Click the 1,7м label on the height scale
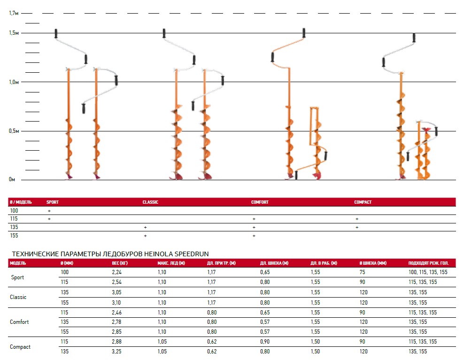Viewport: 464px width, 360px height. coord(14,13)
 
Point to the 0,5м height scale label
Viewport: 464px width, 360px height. coord(14,131)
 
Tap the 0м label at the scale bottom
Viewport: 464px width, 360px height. coord(12,179)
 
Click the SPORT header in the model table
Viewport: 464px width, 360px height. coord(53,202)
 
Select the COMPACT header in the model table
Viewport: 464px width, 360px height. coord(363,202)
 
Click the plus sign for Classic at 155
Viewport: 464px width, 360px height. coord(145,236)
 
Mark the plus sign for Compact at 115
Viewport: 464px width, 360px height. coord(357,219)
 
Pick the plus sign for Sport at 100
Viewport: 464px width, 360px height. coord(49,211)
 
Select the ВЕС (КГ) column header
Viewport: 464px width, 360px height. coord(120,263)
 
